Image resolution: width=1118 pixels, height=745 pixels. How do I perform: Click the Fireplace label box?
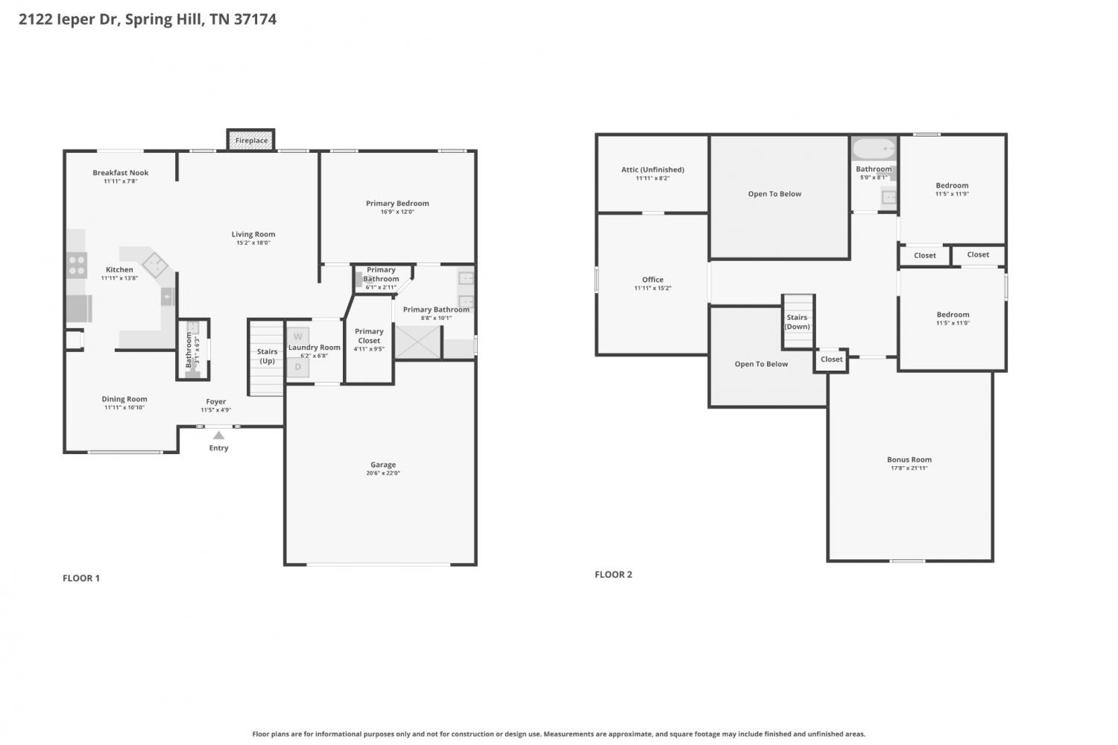pos(251,140)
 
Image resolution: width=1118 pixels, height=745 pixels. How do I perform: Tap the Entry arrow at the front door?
pos(218,436)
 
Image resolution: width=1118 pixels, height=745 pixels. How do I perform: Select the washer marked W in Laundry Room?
pos(297,337)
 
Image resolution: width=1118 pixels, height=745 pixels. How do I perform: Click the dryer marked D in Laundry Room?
pos(297,367)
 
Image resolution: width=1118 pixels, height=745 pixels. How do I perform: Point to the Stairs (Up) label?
pos(267,356)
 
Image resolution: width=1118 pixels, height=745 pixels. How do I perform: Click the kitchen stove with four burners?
pos(77,265)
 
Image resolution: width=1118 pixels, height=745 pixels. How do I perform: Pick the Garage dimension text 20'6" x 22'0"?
pos(383,474)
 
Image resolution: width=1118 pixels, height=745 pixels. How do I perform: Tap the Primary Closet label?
pos(369,336)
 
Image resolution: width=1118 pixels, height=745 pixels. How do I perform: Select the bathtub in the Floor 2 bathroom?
pos(874,149)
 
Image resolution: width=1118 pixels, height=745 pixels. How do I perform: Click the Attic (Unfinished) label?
pos(652,169)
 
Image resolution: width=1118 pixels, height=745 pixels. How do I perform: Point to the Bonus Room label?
pos(909,459)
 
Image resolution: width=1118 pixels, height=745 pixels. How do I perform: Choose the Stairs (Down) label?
pos(797,322)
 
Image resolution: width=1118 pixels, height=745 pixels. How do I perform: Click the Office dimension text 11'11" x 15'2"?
pos(652,289)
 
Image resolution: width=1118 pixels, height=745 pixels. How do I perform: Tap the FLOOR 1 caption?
pos(81,578)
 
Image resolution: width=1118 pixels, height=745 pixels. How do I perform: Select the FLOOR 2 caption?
pos(613,574)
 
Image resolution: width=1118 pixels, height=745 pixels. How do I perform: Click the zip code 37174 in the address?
pos(255,19)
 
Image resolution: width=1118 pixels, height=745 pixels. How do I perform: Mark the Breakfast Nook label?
pos(121,172)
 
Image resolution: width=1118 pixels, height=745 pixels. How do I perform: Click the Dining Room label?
pos(124,399)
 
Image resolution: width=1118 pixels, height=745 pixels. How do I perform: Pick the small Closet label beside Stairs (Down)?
pos(832,359)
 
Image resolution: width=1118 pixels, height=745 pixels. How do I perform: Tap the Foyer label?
pos(216,402)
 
